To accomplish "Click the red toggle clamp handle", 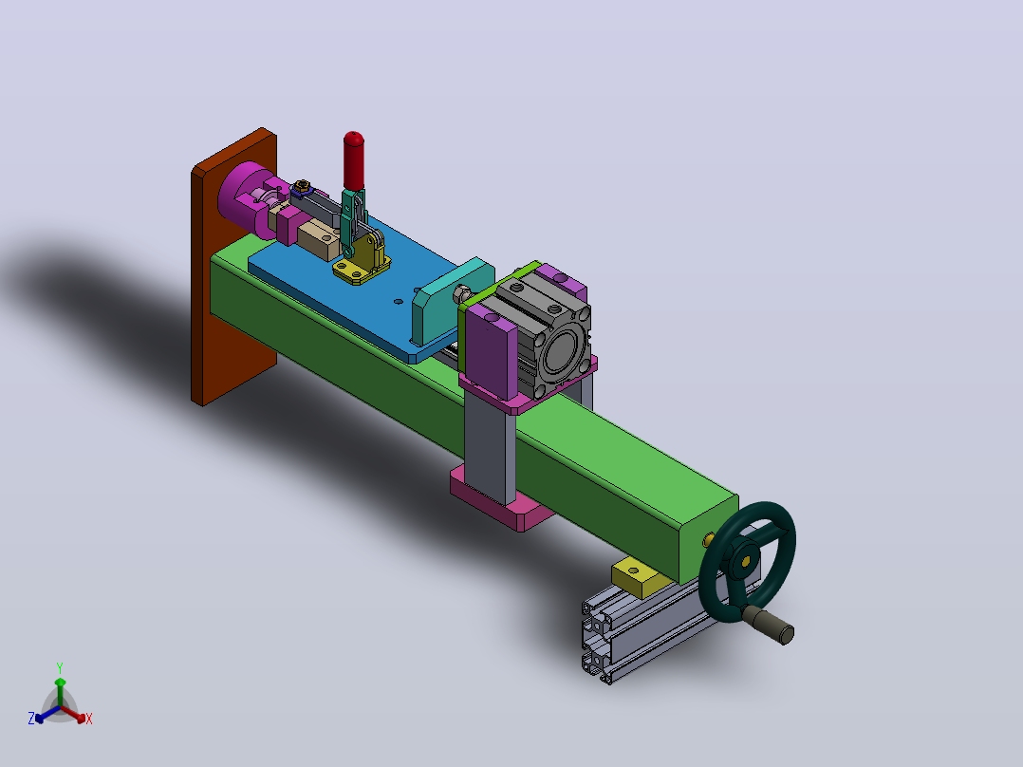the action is tap(354, 160).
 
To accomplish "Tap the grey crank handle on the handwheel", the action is tap(768, 624).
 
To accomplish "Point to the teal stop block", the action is tap(450, 300).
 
